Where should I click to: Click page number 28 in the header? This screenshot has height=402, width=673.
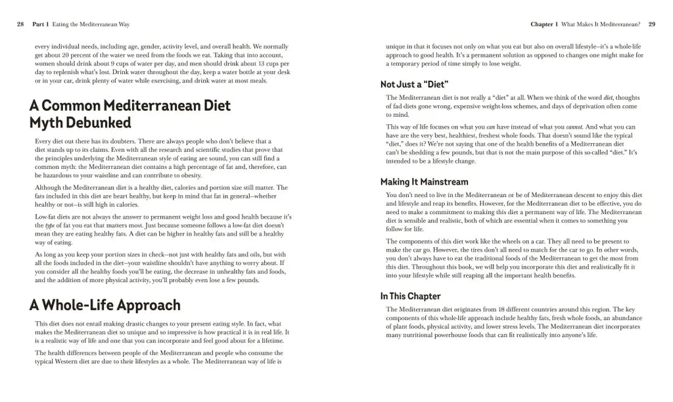pyautogui.click(x=20, y=24)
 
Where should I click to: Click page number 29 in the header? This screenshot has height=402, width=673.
pyautogui.click(x=651, y=24)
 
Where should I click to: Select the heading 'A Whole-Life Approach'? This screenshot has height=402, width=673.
pyautogui.click(x=104, y=305)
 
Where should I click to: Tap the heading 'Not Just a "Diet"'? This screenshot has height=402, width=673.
pyautogui.click(x=414, y=84)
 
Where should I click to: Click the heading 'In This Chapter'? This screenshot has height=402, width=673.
pyautogui.click(x=411, y=296)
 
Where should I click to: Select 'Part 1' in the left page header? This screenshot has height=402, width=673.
pyautogui.click(x=41, y=24)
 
